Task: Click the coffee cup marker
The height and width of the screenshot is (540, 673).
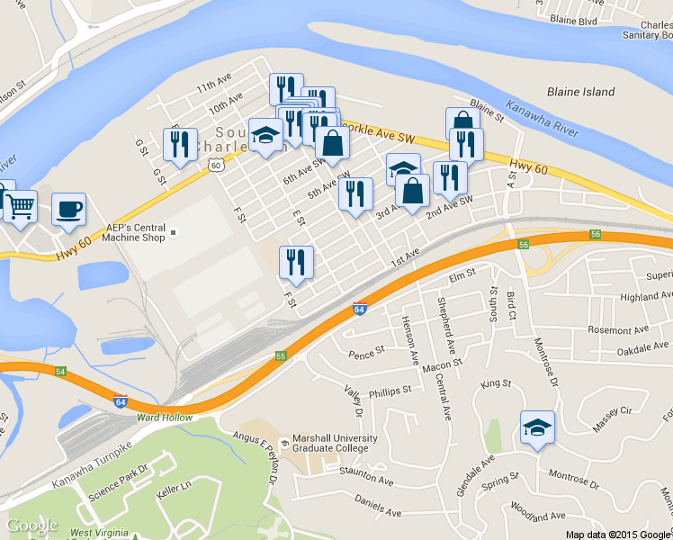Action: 69,209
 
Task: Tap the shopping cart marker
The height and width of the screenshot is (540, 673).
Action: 21,206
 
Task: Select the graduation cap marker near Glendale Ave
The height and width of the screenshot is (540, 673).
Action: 537,427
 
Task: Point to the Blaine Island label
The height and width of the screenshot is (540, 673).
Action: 580,92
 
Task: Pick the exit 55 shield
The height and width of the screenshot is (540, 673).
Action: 281,356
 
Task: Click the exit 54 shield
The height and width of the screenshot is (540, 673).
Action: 61,371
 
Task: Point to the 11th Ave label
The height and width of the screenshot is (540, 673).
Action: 214,86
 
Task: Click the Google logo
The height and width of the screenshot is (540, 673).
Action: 31,526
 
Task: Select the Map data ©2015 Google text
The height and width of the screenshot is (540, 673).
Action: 618,534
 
